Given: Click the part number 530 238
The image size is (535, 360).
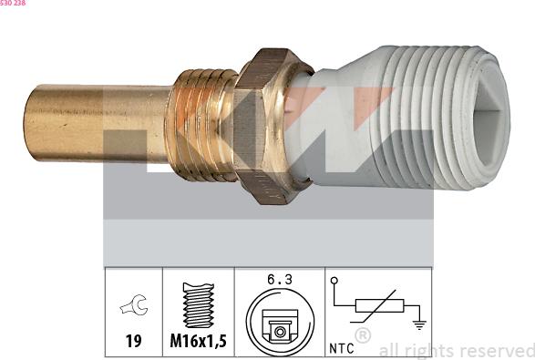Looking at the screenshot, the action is pos(13,3).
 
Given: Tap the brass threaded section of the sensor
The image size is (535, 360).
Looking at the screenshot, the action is pos(201,125).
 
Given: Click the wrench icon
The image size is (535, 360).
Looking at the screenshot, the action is pos(134,304).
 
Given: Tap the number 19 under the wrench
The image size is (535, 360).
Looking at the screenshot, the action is pos(133,341).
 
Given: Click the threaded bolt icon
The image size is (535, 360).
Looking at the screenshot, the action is pos(199,305).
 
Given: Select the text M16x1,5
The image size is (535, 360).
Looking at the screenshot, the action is pos(199,341).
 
